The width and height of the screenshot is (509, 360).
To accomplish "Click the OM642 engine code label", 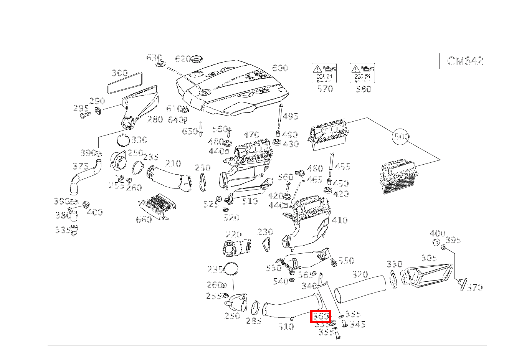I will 465,61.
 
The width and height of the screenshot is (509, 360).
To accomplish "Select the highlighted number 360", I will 321,317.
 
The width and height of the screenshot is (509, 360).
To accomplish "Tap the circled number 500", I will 401,137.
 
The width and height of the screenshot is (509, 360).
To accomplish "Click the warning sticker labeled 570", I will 324,73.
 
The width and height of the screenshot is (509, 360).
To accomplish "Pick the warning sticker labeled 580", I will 362,73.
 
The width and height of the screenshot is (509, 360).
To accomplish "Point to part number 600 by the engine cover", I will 280,68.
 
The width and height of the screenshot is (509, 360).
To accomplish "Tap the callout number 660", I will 144,219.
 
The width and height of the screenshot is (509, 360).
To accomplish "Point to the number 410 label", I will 339,220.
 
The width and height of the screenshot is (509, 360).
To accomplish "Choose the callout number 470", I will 251,135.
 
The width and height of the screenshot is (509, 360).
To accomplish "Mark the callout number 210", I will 173,163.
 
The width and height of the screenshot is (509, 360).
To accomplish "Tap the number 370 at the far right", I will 474,287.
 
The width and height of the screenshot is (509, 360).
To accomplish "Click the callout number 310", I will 286,327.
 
